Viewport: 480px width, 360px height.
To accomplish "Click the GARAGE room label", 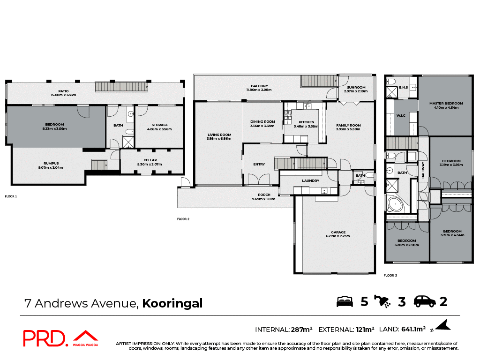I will coord(338,232).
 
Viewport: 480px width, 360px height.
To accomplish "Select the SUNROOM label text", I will coord(356,87).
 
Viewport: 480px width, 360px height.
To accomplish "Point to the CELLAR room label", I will coord(150,160).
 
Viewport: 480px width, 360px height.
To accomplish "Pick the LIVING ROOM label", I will coord(219,135).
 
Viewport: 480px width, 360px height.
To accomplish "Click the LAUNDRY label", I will coord(310,180).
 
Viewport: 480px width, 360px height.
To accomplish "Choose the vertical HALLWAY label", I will coord(423,170).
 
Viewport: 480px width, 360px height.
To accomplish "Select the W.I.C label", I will coord(401,115).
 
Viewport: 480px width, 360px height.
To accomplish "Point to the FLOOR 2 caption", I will coord(183,219).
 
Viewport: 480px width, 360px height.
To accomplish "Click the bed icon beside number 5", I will coord(345,301).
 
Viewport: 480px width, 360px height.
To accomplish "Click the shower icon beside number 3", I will coord(383,301).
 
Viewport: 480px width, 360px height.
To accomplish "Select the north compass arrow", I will coord(443,325).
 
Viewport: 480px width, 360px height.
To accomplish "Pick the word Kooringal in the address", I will coord(172,303).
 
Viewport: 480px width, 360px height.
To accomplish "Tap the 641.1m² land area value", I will coord(412,329).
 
